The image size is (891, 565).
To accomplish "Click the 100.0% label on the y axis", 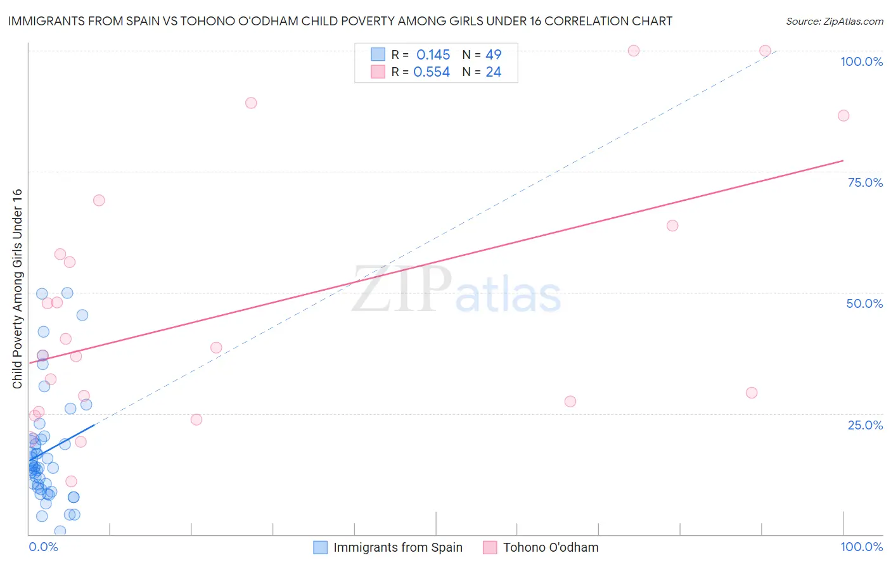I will pyautogui.click(x=861, y=61).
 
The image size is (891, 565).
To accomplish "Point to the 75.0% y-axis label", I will pyautogui.click(x=865, y=182).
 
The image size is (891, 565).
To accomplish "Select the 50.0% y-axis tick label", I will pyautogui.click(x=864, y=303).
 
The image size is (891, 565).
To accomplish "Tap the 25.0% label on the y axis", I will pyautogui.click(x=865, y=425).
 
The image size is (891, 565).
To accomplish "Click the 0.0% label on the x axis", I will pyautogui.click(x=43, y=547).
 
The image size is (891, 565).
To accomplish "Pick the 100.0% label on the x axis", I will pyautogui.click(x=861, y=547).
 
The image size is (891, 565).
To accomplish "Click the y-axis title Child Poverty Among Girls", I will pyautogui.click(x=17, y=289).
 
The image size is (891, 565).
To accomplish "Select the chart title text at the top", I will pyautogui.click(x=340, y=21).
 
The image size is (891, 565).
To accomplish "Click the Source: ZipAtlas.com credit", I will pyautogui.click(x=834, y=21).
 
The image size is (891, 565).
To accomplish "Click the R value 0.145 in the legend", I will pyautogui.click(x=433, y=54).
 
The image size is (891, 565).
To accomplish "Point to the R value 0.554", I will pyautogui.click(x=432, y=72).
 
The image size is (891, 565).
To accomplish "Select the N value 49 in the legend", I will pyautogui.click(x=493, y=54).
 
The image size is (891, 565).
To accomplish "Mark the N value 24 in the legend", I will pyautogui.click(x=493, y=72).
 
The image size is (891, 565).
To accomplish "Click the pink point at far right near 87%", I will pyautogui.click(x=843, y=115).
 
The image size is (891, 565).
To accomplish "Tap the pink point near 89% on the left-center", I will pyautogui.click(x=251, y=103).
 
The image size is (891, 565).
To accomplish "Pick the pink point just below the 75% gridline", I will pyautogui.click(x=99, y=200).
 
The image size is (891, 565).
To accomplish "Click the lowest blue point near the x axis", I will pyautogui.click(x=60, y=531).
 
